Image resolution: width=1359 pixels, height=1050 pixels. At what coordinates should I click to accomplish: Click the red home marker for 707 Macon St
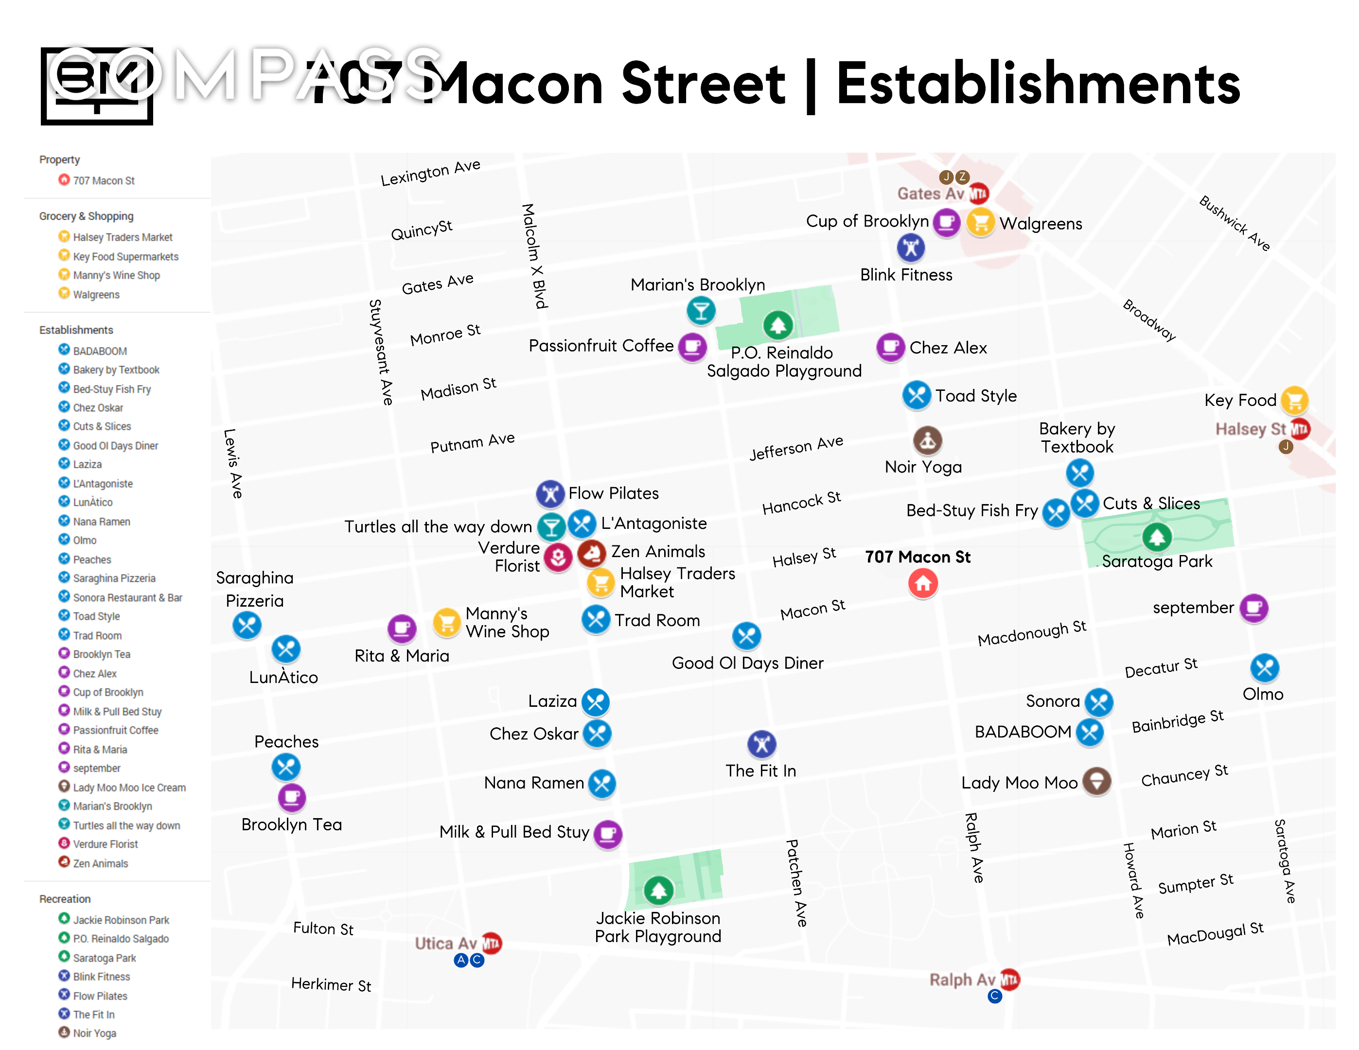click(923, 583)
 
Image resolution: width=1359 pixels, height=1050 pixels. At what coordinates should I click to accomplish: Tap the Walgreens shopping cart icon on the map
click(981, 222)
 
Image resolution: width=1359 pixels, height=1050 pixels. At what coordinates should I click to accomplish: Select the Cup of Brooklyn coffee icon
click(947, 222)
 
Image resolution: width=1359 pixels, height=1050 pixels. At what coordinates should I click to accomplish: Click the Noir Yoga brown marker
click(927, 440)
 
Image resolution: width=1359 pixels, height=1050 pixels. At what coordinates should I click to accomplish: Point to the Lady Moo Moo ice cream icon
click(1096, 781)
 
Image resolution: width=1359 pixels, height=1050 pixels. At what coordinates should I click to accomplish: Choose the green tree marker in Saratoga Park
click(1157, 537)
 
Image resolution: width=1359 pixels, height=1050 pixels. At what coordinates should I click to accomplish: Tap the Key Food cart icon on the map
click(1294, 401)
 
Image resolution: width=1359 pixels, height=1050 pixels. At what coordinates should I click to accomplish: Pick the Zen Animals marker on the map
click(592, 552)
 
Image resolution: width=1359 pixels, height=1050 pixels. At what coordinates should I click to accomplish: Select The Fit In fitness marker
click(761, 744)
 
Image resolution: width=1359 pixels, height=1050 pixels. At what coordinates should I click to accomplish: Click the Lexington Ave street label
click(431, 173)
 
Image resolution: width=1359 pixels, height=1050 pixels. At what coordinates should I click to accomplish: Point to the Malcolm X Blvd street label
click(534, 256)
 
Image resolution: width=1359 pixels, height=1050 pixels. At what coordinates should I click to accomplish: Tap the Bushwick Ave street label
click(1235, 223)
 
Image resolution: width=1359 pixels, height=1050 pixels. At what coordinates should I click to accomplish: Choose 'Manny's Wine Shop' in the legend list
click(116, 276)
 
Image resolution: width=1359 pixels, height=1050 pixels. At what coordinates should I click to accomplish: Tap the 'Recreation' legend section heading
click(65, 899)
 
